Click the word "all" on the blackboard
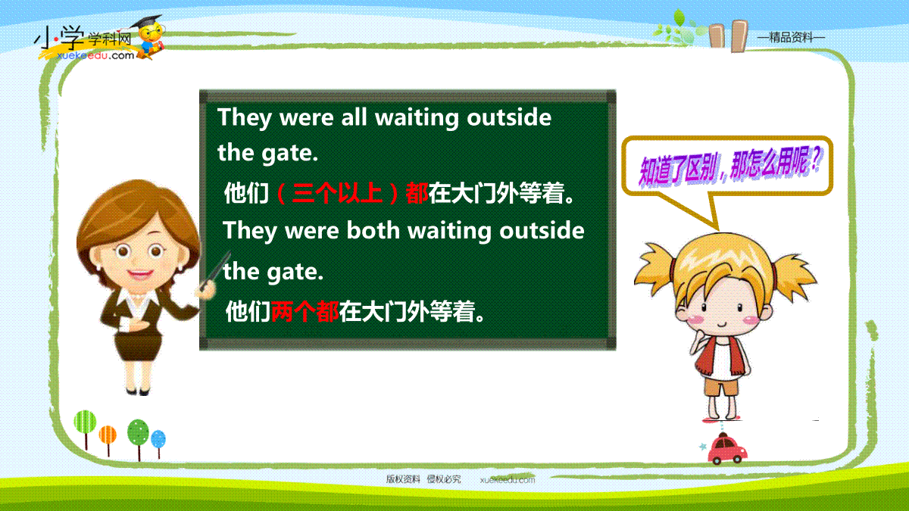(354, 117)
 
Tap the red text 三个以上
(337, 193)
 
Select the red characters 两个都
(305, 311)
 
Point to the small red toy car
(726, 449)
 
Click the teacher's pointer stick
(215, 270)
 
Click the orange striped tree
(108, 440)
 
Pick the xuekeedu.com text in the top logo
(95, 55)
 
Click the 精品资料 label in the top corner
(791, 38)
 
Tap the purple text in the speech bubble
(730, 167)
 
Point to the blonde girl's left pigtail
(654, 268)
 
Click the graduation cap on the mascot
(146, 22)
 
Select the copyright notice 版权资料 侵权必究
(423, 479)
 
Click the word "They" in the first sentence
(244, 118)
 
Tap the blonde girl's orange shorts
(721, 387)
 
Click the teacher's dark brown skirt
(138, 347)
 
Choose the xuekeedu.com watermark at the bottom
(508, 480)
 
